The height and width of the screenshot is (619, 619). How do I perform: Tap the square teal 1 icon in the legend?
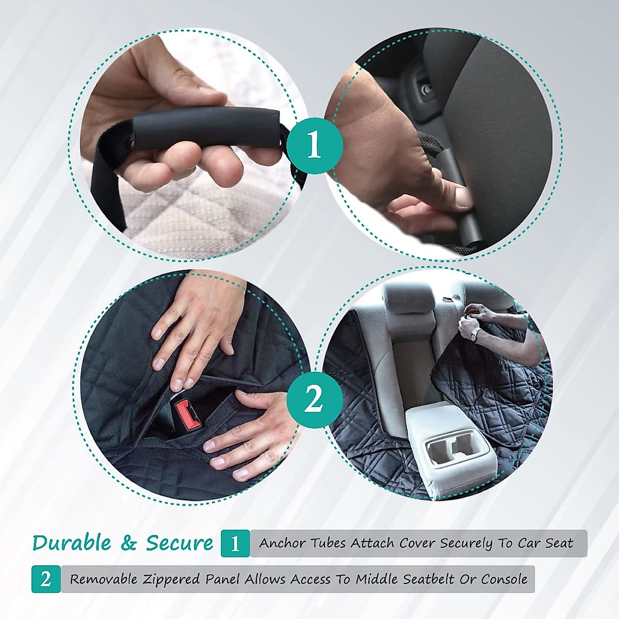click(x=235, y=543)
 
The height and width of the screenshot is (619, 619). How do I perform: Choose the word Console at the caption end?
click(x=504, y=579)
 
